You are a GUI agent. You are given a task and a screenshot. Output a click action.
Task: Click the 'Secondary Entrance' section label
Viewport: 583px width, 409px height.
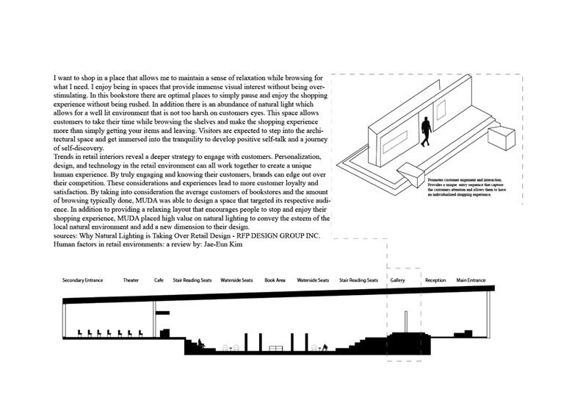point(82,280)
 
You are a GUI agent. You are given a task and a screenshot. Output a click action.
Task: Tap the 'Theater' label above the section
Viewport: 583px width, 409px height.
point(131,280)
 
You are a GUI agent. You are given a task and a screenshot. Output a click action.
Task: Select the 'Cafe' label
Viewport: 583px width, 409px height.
point(159,280)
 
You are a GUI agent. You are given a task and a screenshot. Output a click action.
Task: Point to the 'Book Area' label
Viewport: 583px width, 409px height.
point(275,280)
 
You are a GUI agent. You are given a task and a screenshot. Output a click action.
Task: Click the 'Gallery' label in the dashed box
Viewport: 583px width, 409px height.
point(397,280)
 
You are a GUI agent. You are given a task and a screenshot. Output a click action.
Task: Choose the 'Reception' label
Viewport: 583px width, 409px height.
point(435,280)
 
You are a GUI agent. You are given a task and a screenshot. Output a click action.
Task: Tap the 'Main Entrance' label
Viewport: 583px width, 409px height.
point(471,280)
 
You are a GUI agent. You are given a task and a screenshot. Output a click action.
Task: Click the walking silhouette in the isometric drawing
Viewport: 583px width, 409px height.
point(426,131)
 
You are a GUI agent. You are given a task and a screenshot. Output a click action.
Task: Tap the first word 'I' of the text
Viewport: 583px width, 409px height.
point(55,77)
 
